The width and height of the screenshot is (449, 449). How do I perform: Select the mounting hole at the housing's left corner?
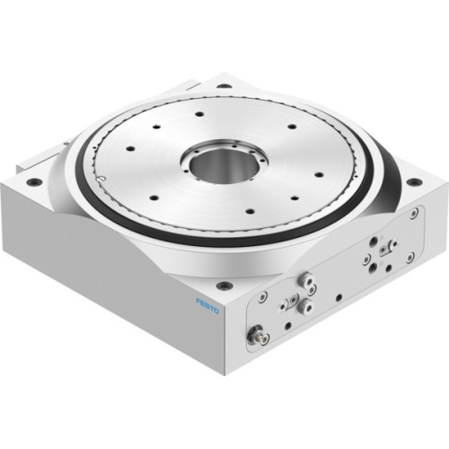pyautogui.click(x=33, y=181)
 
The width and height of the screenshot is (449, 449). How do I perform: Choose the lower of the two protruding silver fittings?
pyautogui.click(x=307, y=306)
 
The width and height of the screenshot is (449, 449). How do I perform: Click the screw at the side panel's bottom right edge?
pyautogui.click(x=409, y=258)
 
